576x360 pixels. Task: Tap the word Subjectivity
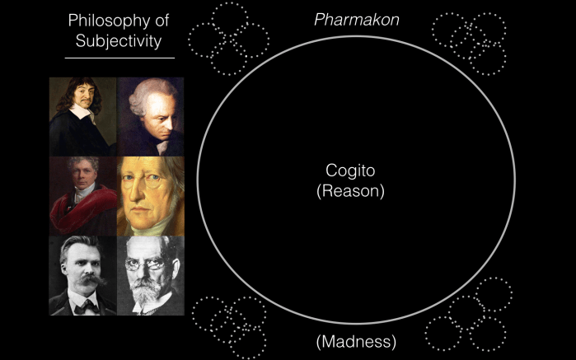coord(120,40)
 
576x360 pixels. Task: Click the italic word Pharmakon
coord(357,19)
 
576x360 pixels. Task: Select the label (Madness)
coord(356,340)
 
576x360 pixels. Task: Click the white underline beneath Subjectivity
coord(119,58)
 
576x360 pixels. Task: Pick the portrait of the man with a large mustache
coord(82,275)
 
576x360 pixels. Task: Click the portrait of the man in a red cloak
coord(82,196)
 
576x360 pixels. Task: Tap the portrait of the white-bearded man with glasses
coord(150,275)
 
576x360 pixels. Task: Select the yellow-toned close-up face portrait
coord(150,196)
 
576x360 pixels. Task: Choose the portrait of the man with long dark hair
coord(82,116)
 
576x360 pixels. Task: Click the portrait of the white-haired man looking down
coord(150,116)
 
